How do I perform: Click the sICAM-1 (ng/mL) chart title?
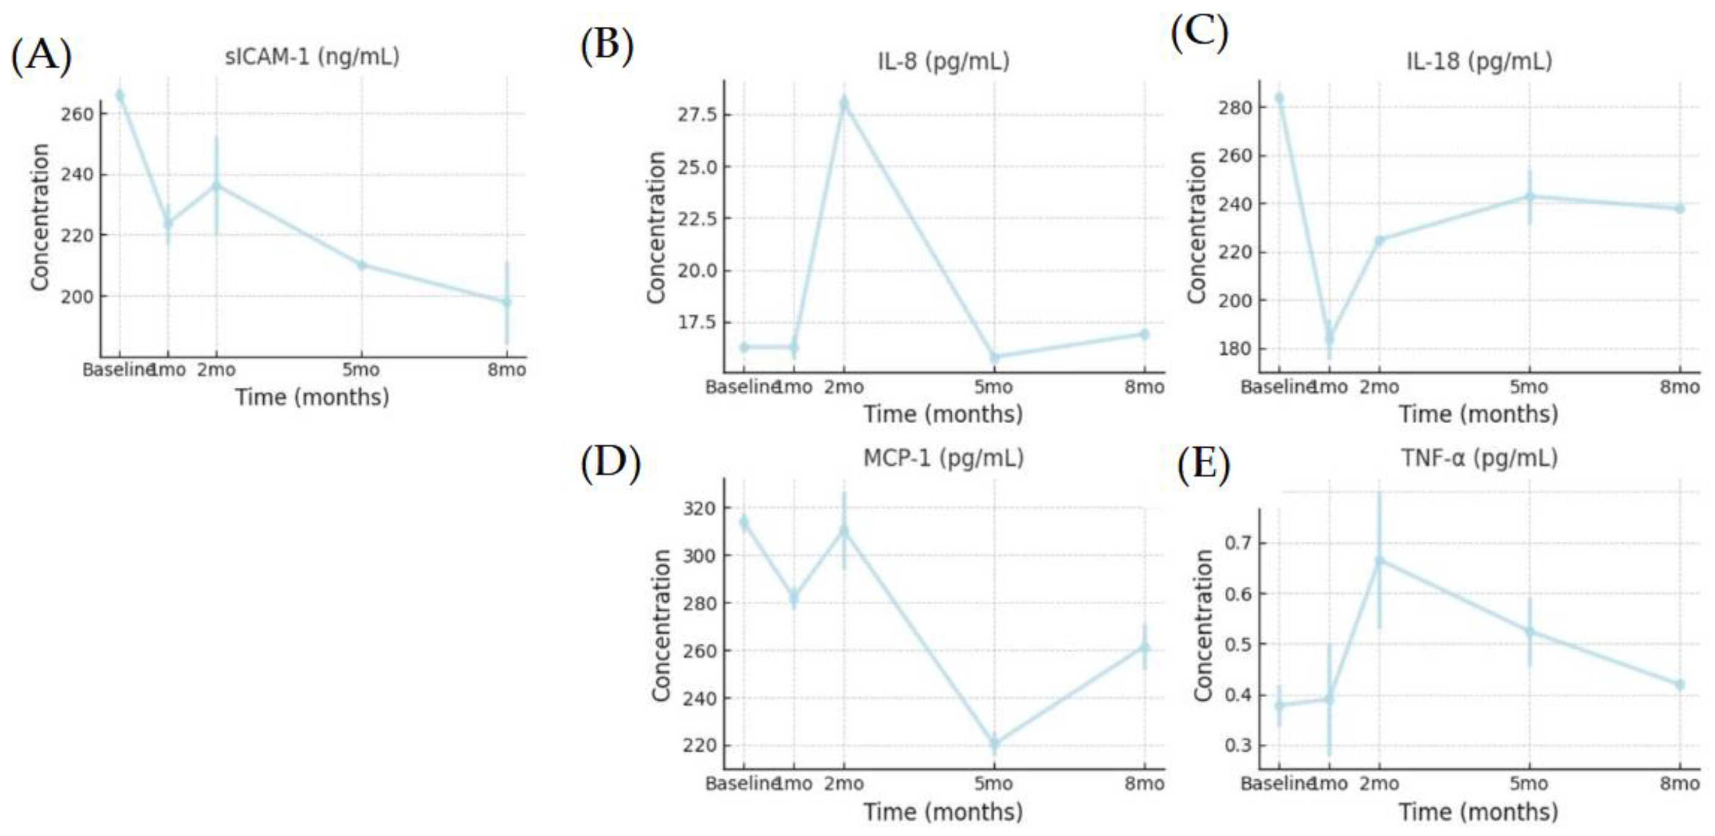coord(313,57)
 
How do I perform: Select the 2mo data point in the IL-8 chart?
coord(844,103)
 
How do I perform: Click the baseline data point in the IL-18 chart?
coord(1279,98)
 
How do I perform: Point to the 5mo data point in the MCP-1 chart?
coord(995,743)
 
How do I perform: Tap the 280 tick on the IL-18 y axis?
coord(1236,108)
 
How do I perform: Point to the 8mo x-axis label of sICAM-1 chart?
coord(506,370)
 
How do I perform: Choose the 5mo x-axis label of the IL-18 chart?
coord(1529,387)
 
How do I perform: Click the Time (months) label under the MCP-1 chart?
coord(943,812)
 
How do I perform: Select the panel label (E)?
coord(1204,464)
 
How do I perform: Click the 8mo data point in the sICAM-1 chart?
coord(507,302)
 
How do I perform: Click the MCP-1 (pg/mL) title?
coord(943,459)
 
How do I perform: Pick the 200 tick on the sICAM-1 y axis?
coord(77,296)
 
